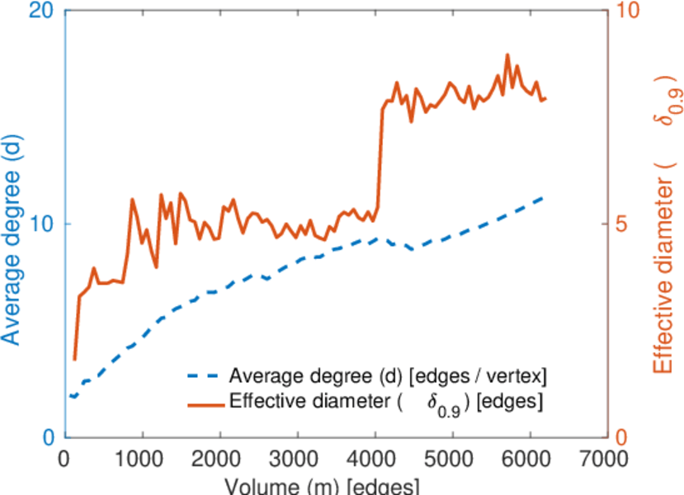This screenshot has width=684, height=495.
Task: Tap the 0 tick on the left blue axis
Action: pyautogui.click(x=49, y=437)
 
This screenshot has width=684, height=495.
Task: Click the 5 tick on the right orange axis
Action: pyautogui.click(x=625, y=224)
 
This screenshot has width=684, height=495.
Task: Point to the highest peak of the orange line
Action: pyautogui.click(x=507, y=54)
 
